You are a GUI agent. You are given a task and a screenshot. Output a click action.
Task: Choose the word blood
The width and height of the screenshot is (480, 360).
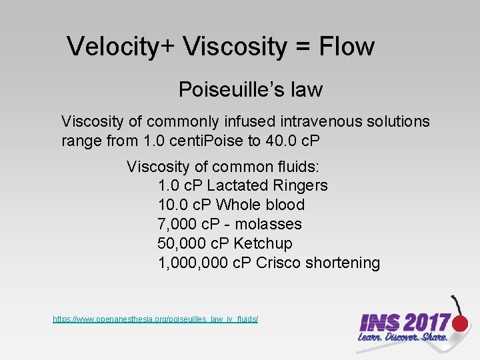284,205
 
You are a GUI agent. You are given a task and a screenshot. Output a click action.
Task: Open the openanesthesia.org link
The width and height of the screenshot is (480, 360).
155,320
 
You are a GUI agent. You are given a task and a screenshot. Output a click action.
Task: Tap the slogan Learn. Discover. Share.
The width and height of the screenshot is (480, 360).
401,337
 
